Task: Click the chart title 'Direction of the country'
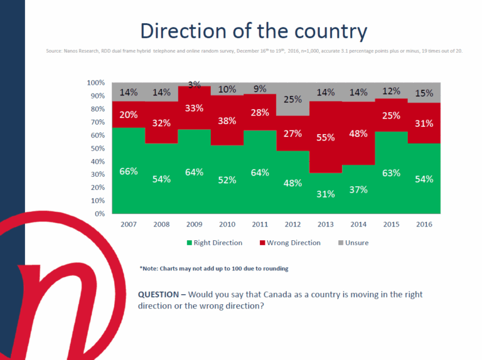click(x=254, y=31)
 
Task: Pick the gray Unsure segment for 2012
click(x=292, y=99)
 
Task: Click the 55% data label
click(x=326, y=137)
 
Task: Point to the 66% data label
click(x=128, y=171)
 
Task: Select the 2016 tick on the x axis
click(x=424, y=223)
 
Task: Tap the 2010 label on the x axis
click(x=227, y=223)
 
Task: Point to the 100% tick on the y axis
click(x=96, y=83)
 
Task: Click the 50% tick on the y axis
click(x=97, y=148)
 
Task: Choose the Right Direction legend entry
click(x=215, y=243)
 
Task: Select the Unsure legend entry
click(x=356, y=243)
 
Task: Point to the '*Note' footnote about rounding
click(x=214, y=268)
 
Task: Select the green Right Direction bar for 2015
click(x=391, y=188)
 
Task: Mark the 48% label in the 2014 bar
click(x=358, y=134)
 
